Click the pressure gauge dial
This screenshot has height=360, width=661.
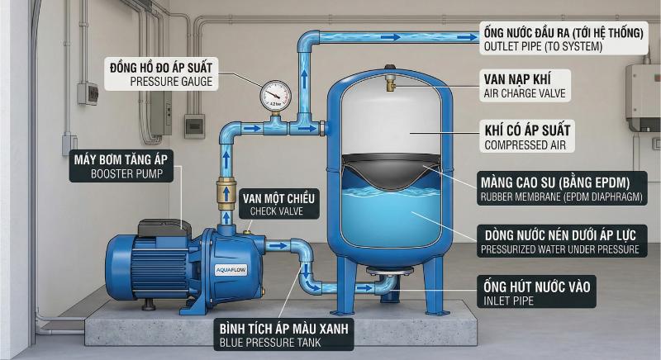click(275, 96)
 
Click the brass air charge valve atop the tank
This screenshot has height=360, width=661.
click(390, 83)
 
